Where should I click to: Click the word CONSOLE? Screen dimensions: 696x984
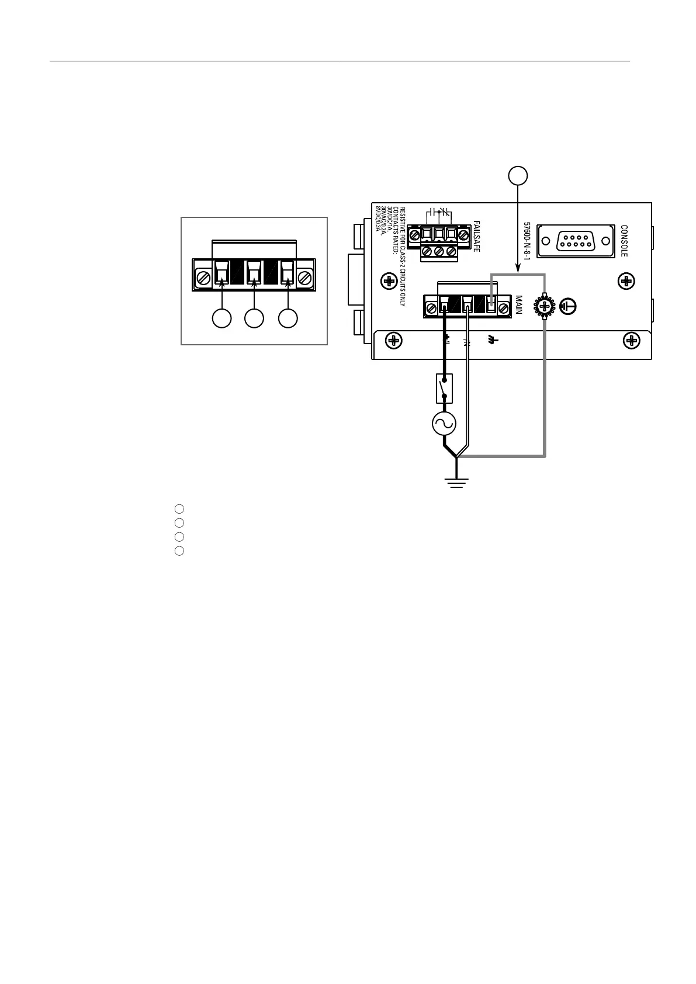(624, 241)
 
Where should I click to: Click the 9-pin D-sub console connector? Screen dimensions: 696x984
(576, 241)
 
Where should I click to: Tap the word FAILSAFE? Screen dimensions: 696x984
(476, 236)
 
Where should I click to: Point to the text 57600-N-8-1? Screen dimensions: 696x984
(527, 241)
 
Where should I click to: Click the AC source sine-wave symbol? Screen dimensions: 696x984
(444, 424)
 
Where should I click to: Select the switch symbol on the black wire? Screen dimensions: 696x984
(445, 389)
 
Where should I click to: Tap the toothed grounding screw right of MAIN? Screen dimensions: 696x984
(545, 306)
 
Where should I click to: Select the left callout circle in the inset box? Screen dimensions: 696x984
(221, 319)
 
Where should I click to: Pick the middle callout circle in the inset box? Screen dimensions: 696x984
(254, 319)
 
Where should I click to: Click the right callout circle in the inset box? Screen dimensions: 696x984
(288, 319)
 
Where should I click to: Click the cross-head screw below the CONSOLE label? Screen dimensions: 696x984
(626, 281)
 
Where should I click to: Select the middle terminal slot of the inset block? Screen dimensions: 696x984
(254, 272)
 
